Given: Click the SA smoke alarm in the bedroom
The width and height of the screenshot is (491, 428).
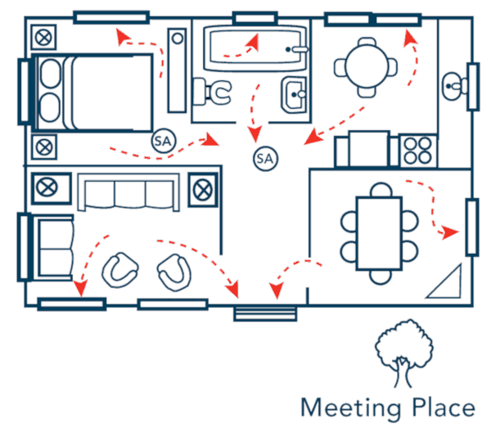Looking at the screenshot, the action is [164, 141].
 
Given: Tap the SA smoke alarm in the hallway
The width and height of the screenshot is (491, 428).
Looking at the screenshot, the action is [265, 159].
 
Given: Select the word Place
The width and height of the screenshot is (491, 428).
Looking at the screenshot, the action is [444, 407].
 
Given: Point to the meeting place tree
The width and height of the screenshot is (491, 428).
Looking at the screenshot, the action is [404, 353].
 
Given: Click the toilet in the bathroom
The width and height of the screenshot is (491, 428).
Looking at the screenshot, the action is [213, 92].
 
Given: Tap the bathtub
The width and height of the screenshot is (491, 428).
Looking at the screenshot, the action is [255, 48].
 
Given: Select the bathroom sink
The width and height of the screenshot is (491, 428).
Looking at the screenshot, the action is [294, 94].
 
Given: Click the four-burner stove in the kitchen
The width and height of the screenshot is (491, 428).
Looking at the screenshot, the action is [417, 151].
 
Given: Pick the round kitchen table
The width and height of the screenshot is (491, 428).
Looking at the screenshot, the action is [367, 66].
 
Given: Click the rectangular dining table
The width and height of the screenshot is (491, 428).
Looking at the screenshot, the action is [379, 233].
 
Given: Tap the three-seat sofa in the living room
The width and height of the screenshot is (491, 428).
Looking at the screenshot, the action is [128, 191].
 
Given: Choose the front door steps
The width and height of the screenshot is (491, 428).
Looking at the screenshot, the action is [265, 313].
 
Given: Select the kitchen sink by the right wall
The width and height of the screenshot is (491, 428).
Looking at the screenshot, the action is [453, 86].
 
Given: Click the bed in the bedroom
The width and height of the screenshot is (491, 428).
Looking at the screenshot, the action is [92, 92].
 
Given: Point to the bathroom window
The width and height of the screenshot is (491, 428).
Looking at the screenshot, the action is [255, 18].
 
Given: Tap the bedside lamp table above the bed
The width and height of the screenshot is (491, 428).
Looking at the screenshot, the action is [44, 38].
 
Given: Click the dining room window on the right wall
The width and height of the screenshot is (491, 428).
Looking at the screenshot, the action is [472, 227].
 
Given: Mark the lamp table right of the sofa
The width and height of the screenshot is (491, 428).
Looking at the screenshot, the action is [203, 190].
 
